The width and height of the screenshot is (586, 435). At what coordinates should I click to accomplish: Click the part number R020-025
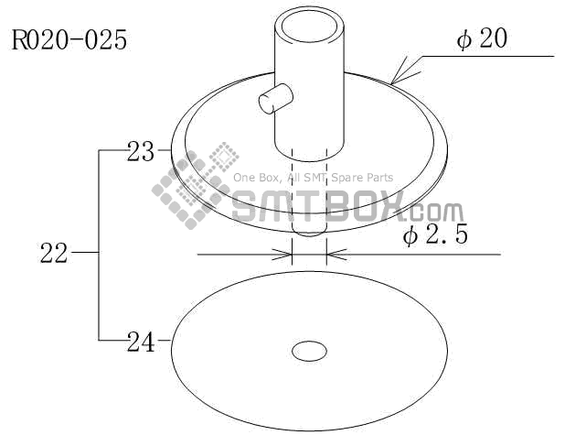pyautogui.click(x=69, y=41)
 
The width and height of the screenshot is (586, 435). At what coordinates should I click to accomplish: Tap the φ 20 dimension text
pyautogui.click(x=482, y=40)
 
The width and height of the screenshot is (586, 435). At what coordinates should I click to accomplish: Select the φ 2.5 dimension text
pyautogui.click(x=435, y=235)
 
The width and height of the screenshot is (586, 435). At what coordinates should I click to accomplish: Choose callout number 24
pyautogui.click(x=141, y=343)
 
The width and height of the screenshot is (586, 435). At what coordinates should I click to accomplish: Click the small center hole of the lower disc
pyautogui.click(x=309, y=351)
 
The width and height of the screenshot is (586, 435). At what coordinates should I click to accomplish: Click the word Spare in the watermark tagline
pyautogui.click(x=347, y=178)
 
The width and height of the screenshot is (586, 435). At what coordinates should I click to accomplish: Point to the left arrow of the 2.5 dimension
pyautogui.click(x=283, y=255)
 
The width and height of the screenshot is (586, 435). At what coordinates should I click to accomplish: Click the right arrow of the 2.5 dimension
pyautogui.click(x=336, y=255)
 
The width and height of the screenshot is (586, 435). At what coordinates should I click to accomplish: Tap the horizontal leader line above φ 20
pyautogui.click(x=494, y=57)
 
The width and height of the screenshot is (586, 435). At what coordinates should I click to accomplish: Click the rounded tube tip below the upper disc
pyautogui.click(x=309, y=236)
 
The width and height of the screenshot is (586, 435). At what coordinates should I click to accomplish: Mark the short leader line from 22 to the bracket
pyautogui.click(x=84, y=252)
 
